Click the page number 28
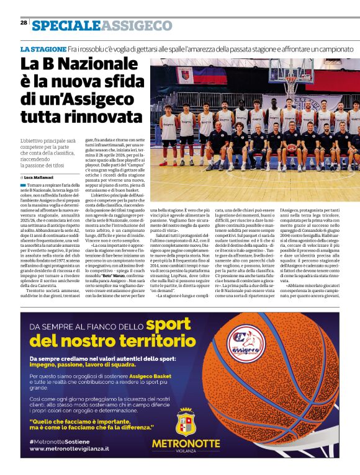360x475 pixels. tap(24, 22)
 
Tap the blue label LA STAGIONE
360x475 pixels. tap(43, 49)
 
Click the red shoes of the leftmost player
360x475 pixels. tap(165, 164)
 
